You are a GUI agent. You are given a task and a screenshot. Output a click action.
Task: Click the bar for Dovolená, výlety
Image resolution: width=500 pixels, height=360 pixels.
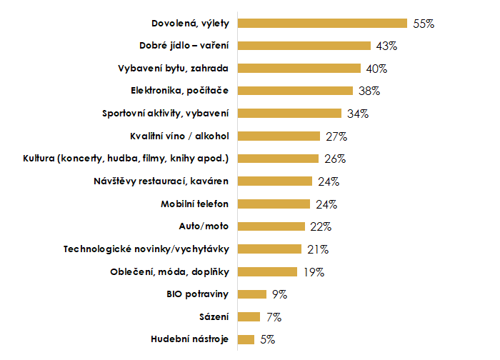(321, 23)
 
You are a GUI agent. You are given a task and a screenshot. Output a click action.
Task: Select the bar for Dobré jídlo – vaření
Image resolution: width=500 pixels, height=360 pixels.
(304, 46)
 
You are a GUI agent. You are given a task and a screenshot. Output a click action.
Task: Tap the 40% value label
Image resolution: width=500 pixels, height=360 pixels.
(376, 69)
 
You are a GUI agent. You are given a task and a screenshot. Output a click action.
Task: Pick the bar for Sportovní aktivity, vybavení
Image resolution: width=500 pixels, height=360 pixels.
(289, 114)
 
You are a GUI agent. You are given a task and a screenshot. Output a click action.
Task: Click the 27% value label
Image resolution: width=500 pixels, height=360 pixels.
(336, 136)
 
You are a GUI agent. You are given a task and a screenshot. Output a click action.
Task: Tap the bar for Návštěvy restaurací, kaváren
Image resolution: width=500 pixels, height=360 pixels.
(274, 181)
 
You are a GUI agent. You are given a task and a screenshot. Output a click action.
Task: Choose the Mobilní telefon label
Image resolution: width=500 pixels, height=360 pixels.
(194, 204)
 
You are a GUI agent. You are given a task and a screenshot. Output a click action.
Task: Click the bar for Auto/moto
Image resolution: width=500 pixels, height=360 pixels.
(271, 226)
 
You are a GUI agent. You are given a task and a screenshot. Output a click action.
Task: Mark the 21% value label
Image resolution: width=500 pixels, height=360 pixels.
(318, 249)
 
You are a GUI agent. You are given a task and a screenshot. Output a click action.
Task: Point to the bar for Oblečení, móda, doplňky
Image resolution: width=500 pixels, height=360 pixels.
(266, 271)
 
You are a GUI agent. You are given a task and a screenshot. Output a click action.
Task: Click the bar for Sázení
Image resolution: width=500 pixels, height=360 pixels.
(248, 316)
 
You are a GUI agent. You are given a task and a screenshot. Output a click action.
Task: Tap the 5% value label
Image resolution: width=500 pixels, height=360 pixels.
(268, 339)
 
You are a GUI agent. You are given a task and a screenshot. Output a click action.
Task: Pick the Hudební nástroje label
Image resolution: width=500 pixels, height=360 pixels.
(190, 339)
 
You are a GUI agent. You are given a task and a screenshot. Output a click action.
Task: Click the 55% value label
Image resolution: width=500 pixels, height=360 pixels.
(424, 23)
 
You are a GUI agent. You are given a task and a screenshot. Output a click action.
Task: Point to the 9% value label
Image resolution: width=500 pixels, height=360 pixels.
(279, 294)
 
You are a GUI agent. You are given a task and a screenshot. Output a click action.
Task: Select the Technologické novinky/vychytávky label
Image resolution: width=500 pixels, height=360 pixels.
(146, 249)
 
